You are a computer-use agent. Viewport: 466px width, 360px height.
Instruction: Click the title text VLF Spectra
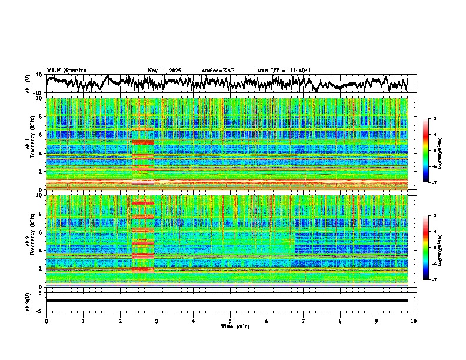tap(66, 71)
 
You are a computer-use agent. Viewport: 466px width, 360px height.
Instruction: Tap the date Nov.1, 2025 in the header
tap(165, 71)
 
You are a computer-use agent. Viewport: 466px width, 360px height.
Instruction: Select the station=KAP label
tap(218, 71)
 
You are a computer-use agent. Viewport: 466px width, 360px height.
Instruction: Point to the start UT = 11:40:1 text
tap(284, 71)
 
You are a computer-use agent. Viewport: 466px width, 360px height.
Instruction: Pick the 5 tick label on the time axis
tap(230, 321)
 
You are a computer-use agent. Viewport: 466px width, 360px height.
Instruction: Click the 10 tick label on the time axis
tap(414, 321)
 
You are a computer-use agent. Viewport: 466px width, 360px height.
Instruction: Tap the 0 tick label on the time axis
tap(46, 321)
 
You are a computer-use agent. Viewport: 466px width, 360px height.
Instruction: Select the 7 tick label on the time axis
tap(304, 321)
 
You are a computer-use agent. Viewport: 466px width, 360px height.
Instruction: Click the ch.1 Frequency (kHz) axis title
tap(29, 144)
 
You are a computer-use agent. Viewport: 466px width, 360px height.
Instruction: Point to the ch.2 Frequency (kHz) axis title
tap(29, 241)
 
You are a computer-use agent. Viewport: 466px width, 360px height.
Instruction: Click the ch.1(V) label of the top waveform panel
tap(29, 84)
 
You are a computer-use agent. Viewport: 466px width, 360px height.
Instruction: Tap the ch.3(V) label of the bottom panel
tap(29, 301)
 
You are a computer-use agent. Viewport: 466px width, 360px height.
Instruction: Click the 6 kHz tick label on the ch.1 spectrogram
tap(39, 135)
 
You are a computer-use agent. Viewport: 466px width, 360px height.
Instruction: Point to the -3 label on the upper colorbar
tap(434, 119)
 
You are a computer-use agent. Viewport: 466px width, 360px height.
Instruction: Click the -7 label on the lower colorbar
tap(434, 280)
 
